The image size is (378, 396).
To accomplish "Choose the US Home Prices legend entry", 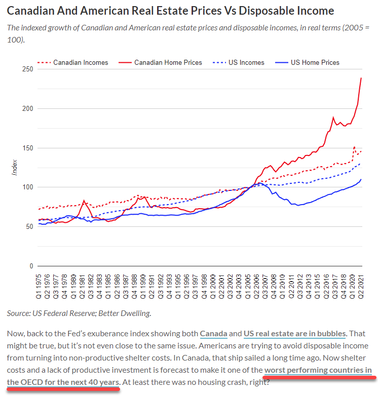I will pos(315,63).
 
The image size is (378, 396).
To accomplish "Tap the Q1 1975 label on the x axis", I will pos(39,287).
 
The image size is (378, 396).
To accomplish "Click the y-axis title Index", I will pos(15,168).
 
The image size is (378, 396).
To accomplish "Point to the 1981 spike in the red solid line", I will pos(84,201).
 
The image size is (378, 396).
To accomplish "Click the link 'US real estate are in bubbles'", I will pos(294,334).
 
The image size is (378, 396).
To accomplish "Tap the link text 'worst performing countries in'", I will pos(318,370).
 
